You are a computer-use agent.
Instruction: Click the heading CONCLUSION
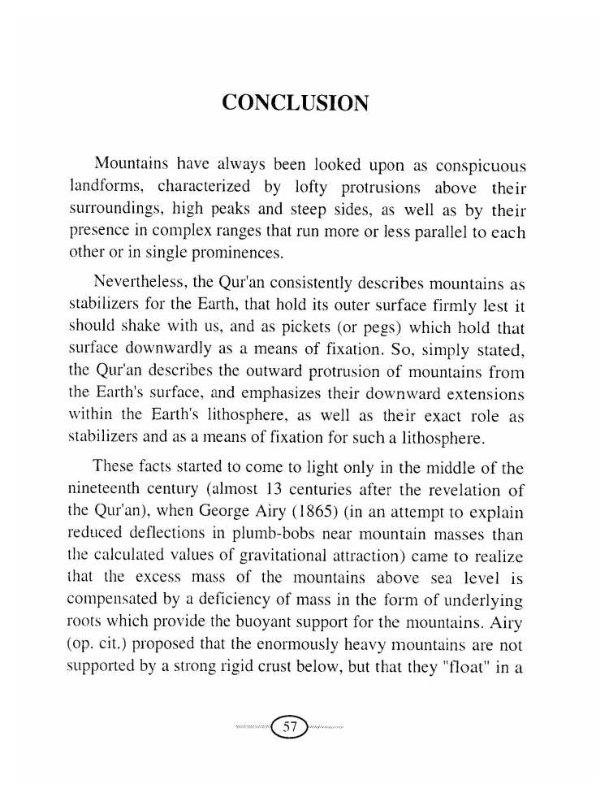point(296,104)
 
